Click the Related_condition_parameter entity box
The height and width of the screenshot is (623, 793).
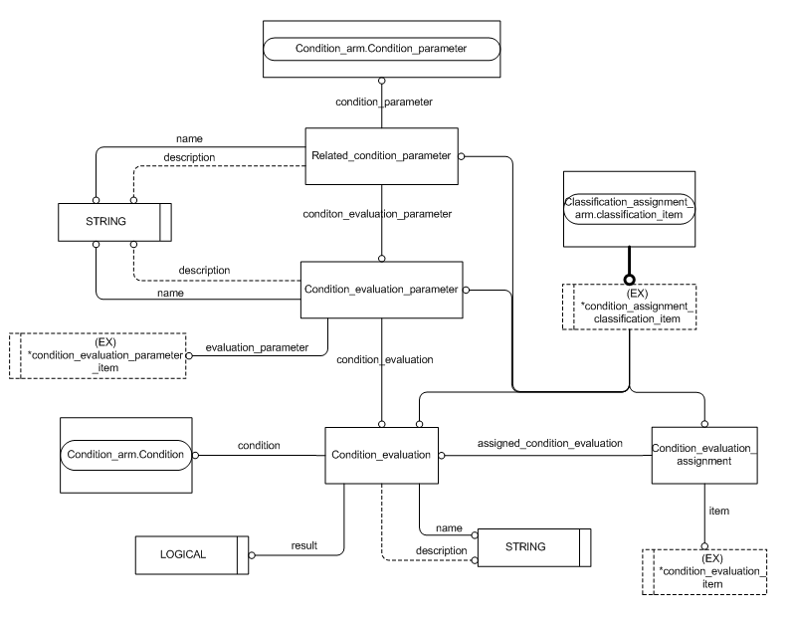[381, 156]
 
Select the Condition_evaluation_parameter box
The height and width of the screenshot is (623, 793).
[381, 290]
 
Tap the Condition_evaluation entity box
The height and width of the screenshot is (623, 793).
[381, 455]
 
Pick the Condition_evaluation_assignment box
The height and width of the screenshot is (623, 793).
[704, 454]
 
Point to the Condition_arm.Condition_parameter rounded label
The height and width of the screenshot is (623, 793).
[381, 48]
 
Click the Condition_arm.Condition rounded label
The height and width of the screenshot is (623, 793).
[126, 455]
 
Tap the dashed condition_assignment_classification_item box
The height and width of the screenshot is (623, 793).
[628, 307]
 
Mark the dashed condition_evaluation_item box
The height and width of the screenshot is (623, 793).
[704, 571]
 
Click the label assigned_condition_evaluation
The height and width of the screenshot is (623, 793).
[549, 443]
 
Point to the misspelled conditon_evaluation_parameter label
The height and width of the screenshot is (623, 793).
[381, 214]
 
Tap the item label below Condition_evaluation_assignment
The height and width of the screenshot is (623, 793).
[719, 511]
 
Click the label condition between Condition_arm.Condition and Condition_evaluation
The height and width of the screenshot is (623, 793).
[260, 445]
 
